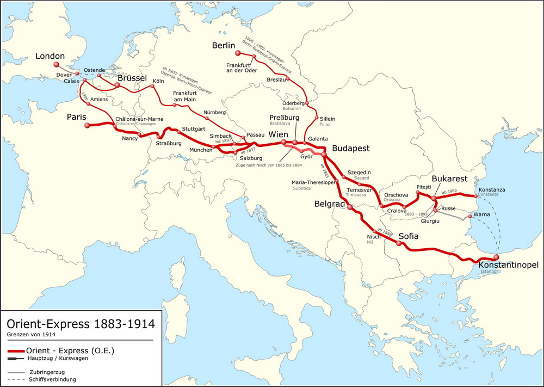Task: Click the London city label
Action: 50,56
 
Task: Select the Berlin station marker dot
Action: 237,53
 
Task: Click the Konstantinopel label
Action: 509,265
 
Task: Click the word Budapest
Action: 350,148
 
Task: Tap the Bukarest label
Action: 449,179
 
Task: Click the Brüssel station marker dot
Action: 117,85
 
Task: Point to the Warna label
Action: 482,214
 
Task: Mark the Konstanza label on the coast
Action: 492,189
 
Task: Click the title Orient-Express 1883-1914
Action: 77,324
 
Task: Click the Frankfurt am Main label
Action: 184,95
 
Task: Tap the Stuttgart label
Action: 193,128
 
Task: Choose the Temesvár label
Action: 358,189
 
